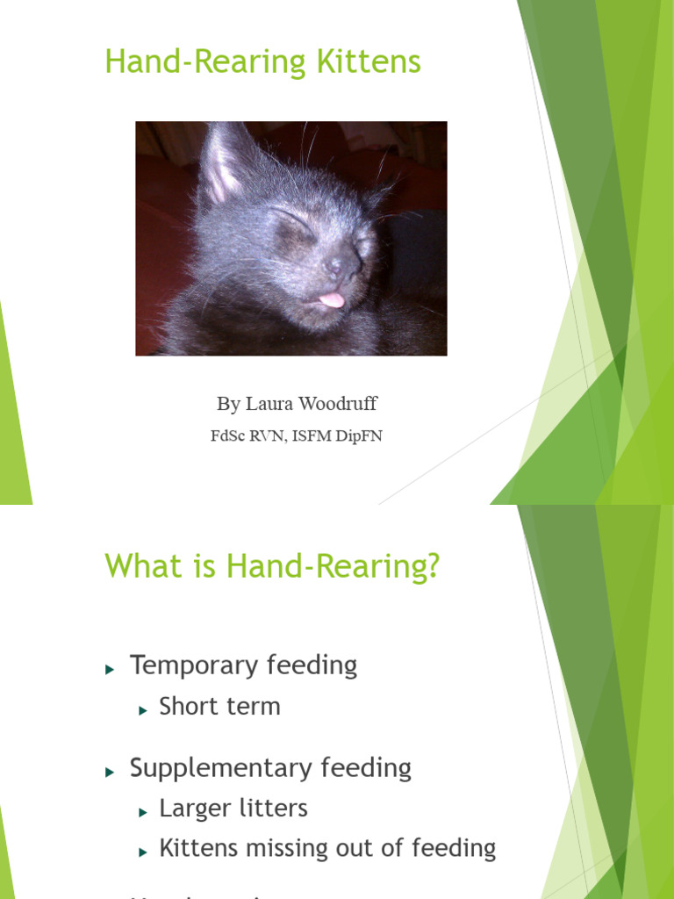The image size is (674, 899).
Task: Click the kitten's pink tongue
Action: (331, 300)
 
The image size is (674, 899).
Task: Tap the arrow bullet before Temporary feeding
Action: (110, 669)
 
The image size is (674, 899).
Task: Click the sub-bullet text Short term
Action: (219, 707)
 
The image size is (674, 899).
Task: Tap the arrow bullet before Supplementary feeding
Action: (110, 772)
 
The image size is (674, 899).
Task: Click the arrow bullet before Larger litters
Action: (143, 812)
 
